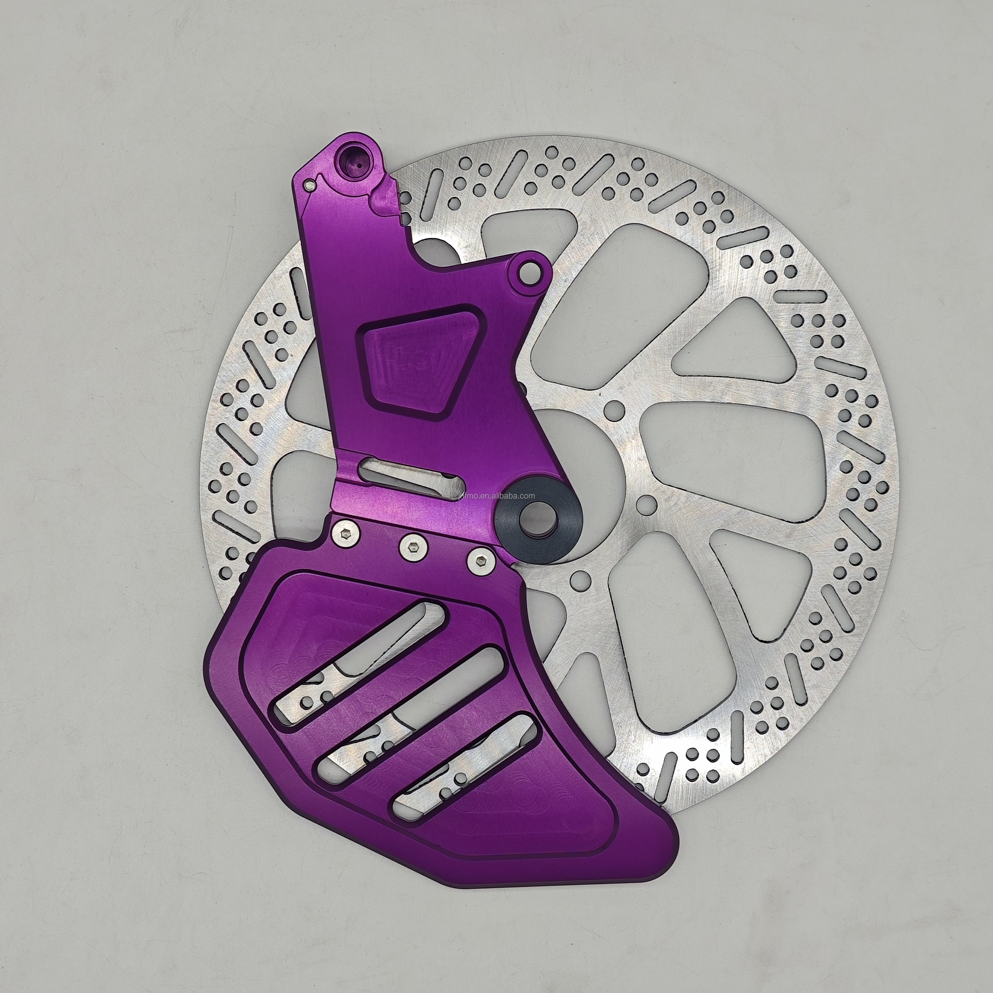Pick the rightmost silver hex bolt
pyautogui.click(x=480, y=561)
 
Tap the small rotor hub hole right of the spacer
pyautogui.click(x=649, y=501)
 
